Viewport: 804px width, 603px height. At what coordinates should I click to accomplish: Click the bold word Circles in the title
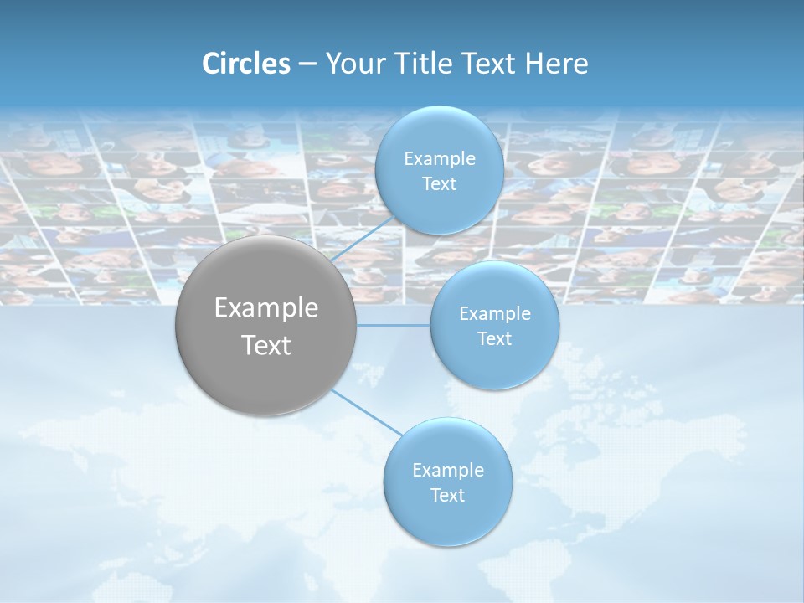[246, 64]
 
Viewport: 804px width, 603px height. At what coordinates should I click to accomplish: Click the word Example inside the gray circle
[266, 308]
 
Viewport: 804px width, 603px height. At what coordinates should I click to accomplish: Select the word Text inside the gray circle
[266, 345]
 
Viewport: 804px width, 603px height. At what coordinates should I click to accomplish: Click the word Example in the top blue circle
[439, 158]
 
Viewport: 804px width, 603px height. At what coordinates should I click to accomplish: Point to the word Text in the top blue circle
[439, 183]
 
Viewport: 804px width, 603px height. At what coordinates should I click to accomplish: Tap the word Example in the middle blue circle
[494, 313]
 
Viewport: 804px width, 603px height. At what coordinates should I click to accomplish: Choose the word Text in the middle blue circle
[494, 338]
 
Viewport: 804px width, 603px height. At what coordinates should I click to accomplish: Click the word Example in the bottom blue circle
[447, 470]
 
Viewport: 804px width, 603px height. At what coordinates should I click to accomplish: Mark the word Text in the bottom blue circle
[447, 495]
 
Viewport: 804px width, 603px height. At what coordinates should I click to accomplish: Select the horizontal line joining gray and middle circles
[394, 325]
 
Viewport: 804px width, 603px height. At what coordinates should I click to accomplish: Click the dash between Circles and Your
[307, 64]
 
